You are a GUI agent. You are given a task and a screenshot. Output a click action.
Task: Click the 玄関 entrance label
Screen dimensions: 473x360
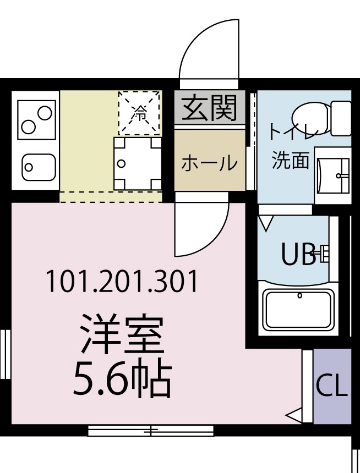(210, 107)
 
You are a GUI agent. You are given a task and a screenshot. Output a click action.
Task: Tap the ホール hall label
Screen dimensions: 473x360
(210, 163)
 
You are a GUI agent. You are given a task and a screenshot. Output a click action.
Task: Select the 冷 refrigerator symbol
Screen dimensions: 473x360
(139, 113)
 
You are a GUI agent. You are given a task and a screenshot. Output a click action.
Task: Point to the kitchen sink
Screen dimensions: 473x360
(38, 166)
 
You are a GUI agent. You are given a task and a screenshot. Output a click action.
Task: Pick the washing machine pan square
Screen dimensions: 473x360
(137, 163)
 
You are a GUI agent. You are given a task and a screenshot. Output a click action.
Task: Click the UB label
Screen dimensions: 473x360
(299, 254)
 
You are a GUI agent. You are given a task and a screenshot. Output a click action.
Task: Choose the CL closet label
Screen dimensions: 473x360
(332, 386)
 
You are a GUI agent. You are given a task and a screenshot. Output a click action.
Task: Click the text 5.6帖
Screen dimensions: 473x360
(122, 379)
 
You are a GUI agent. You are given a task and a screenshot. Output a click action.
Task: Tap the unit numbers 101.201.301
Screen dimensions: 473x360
(121, 282)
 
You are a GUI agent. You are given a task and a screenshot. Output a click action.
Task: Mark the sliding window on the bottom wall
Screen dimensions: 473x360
(150, 431)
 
